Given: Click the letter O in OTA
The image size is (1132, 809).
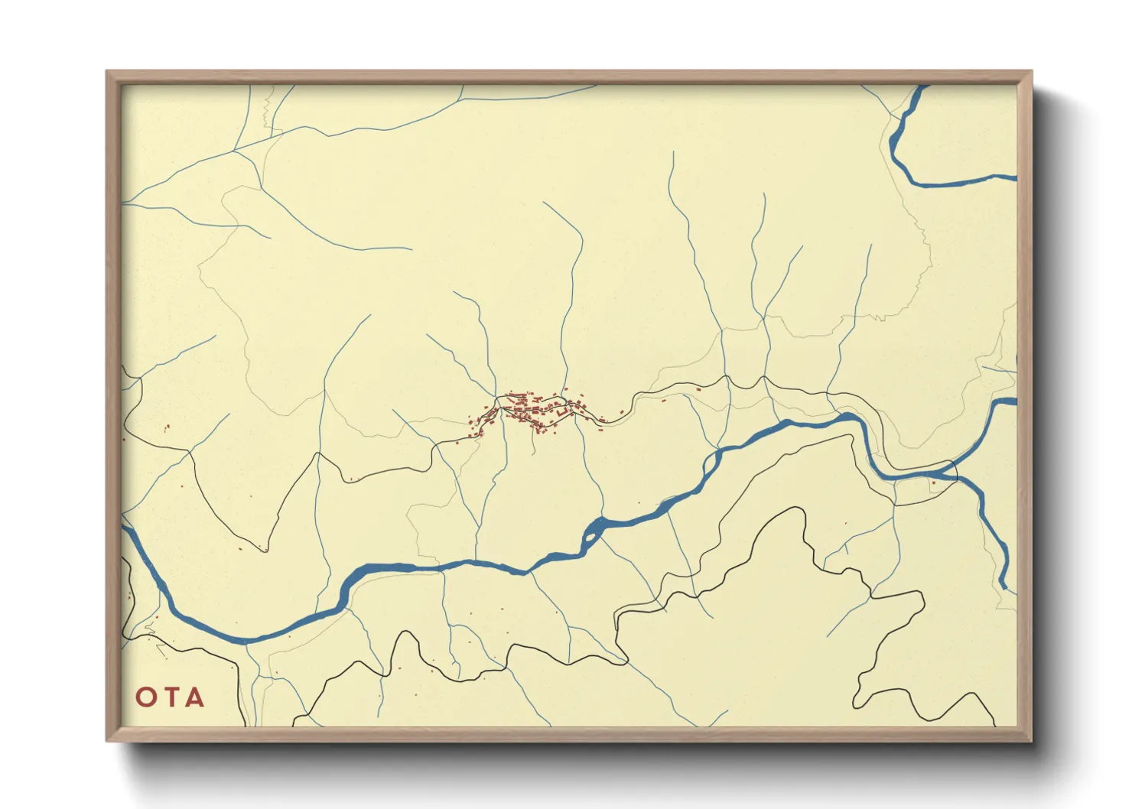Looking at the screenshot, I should point(146,697).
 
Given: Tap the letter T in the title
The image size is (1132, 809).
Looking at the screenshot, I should point(171,697).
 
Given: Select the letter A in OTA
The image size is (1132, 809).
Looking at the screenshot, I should point(194,697).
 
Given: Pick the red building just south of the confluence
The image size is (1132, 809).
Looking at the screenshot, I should point(933,482).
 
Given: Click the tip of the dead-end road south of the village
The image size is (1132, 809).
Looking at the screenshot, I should point(534,454).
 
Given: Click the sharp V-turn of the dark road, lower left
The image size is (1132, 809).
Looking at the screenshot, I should point(266,550).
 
